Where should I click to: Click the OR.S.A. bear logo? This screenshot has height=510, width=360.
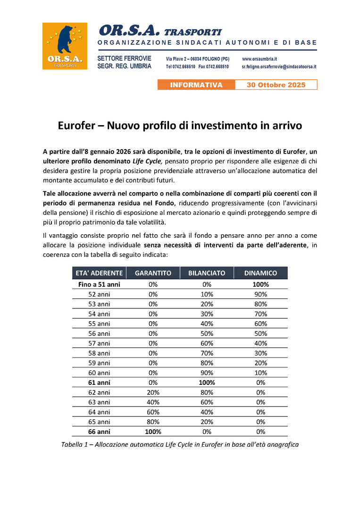click(65, 46)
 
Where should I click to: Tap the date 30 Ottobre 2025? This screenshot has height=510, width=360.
click(276, 85)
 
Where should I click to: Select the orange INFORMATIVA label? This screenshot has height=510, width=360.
click(196, 85)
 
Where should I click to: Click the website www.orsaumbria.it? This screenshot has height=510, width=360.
click(260, 59)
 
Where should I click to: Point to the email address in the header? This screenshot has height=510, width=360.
click(279, 67)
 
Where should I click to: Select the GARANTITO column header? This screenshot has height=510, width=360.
click(153, 273)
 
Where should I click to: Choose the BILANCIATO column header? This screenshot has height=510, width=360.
click(207, 273)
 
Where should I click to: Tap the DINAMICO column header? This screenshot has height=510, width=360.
click(260, 273)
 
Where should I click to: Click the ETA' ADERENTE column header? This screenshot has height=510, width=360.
click(99, 273)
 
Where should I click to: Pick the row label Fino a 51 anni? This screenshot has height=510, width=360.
click(99, 284)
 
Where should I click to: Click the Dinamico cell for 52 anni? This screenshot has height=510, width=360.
click(260, 294)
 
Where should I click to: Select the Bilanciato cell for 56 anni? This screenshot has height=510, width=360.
click(207, 333)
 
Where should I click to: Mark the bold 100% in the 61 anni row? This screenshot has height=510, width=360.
click(207, 382)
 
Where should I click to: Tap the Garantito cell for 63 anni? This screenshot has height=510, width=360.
click(153, 402)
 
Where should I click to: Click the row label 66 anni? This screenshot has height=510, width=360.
click(99, 432)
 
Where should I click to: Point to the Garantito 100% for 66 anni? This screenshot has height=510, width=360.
click(153, 432)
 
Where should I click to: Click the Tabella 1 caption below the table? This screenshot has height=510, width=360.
click(180, 444)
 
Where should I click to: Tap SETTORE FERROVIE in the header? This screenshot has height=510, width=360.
click(124, 59)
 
